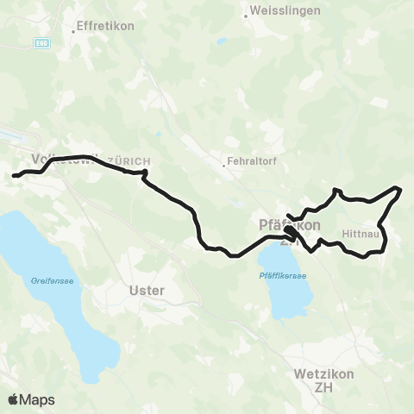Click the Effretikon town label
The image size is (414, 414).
[x=107, y=26]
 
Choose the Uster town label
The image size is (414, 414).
[x=145, y=291]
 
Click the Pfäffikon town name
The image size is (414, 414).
[x=290, y=224]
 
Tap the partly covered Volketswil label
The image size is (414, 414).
[x=60, y=160]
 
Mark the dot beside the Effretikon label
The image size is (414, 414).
[x=72, y=26]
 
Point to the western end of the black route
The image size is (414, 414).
[x=13, y=177]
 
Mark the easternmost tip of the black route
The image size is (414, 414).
[x=401, y=188]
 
